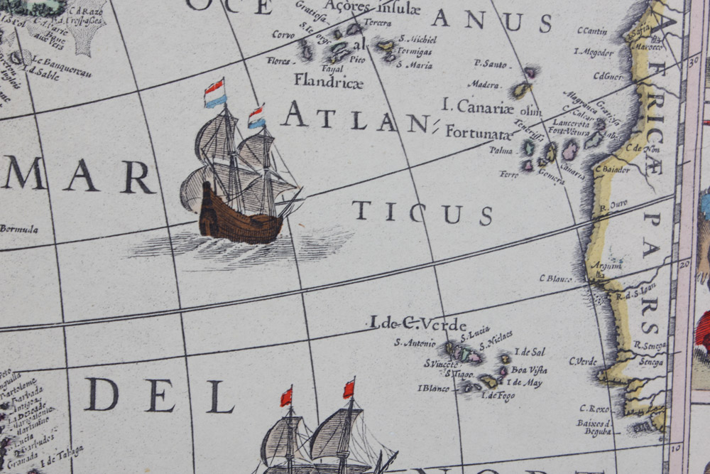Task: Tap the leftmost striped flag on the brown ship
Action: (x=214, y=93)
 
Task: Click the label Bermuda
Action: (x=18, y=229)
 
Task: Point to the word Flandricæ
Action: (x=328, y=80)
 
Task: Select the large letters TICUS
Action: (x=422, y=212)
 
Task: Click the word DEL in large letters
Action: (x=160, y=395)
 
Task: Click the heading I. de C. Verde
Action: (x=417, y=323)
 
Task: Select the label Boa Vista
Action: (x=529, y=370)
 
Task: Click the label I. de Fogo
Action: (x=498, y=396)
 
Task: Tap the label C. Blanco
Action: (x=555, y=279)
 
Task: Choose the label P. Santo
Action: (x=491, y=64)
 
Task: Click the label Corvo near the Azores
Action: (x=283, y=34)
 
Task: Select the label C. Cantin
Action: (x=591, y=31)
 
